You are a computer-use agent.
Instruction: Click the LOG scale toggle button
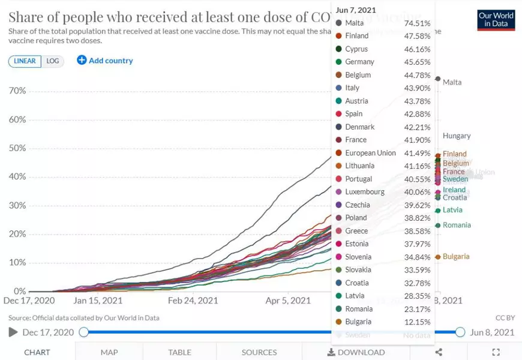coord(53,61)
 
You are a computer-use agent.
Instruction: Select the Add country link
coord(105,61)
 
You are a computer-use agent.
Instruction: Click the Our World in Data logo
coord(496,20)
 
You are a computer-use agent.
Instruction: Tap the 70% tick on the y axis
coord(17,91)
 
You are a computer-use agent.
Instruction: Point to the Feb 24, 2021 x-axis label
coord(193,301)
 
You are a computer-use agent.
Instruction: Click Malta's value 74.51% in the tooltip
coord(418,23)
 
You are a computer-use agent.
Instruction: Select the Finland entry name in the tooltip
coord(357,36)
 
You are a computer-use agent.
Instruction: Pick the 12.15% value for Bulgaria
coord(418,322)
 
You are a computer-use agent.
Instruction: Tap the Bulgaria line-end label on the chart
coord(456,257)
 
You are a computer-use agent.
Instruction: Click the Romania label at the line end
coord(457,225)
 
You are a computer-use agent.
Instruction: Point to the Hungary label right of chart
coord(457,136)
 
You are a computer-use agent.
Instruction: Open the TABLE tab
coord(179,352)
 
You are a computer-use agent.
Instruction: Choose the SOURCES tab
coord(259,352)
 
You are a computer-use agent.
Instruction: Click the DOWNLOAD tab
coord(356,352)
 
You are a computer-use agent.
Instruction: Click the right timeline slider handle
coord(460,332)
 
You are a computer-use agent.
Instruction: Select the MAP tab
coord(109,352)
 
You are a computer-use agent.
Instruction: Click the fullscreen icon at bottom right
coord(496,352)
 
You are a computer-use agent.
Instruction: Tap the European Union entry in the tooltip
coord(370,153)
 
